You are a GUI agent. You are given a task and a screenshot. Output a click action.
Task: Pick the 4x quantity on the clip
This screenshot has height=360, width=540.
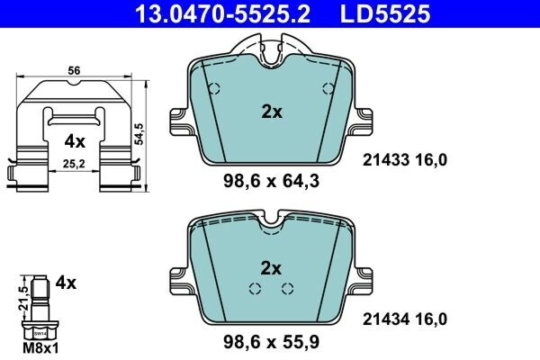[75, 141]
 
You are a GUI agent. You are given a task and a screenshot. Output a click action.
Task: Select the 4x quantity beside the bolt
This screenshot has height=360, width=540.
[64, 283]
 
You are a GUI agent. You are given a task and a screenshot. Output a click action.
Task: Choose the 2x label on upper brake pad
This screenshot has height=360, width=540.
[271, 112]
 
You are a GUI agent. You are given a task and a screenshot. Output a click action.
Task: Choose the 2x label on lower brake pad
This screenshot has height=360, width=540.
[271, 267]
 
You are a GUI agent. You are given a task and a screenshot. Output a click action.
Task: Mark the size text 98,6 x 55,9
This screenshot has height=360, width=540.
[271, 342]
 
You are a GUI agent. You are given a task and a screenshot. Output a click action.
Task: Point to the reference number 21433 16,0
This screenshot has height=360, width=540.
[404, 160]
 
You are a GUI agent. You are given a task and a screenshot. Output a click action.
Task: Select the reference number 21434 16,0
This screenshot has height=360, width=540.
[404, 317]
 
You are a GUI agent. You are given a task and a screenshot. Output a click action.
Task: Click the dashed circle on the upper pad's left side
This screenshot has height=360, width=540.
[214, 89]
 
